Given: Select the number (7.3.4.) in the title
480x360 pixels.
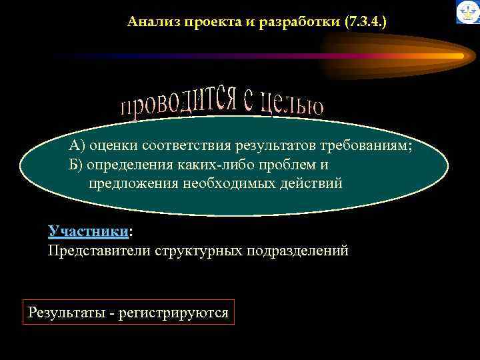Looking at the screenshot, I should click(366, 23).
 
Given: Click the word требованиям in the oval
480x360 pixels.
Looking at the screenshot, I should click(373, 146).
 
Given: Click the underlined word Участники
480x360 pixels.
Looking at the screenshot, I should click(88, 231).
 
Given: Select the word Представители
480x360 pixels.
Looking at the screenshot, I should click(99, 251).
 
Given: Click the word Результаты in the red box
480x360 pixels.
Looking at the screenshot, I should click(64, 312).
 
